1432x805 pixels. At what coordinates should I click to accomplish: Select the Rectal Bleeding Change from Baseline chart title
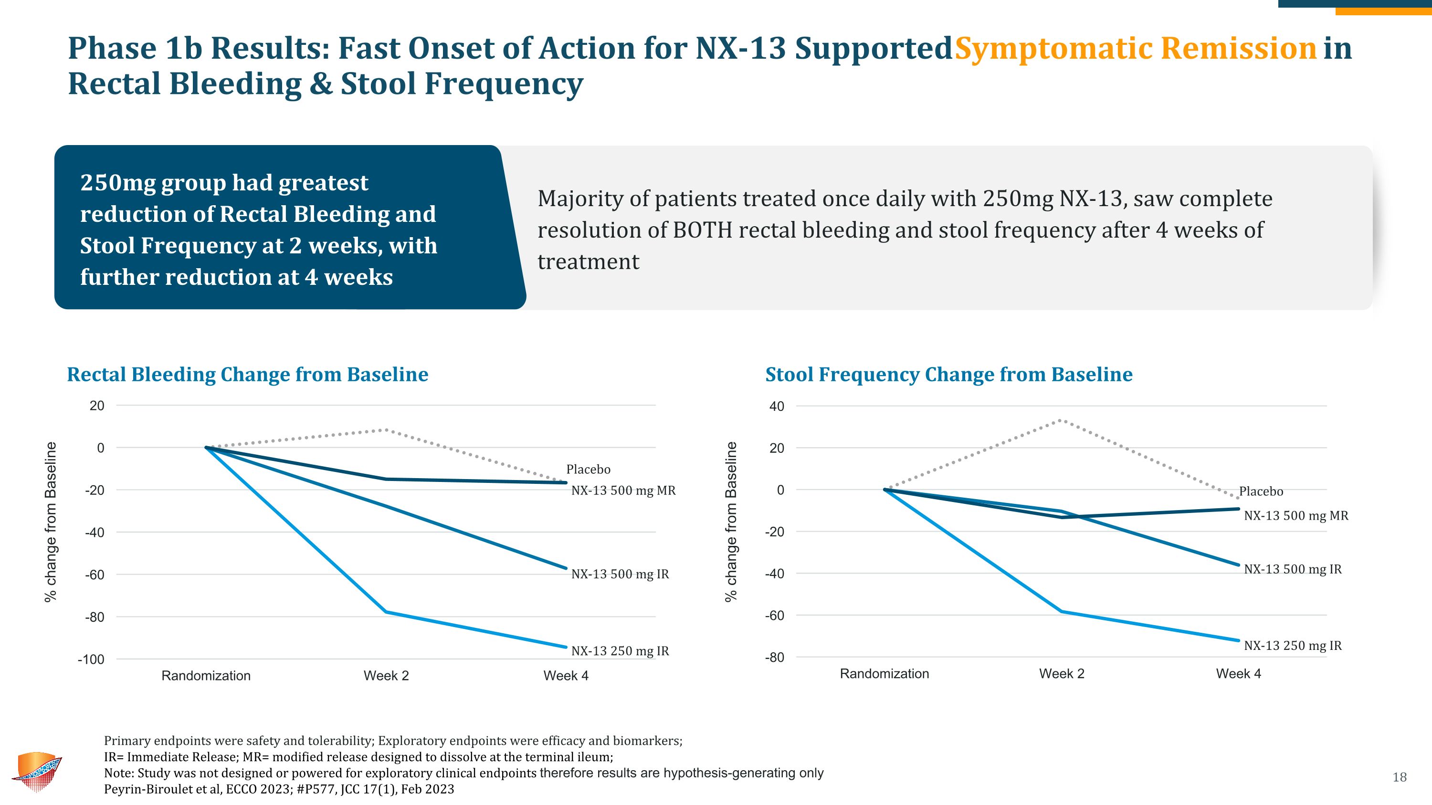pyautogui.click(x=247, y=375)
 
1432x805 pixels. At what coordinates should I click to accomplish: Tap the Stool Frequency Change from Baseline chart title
pyautogui.click(x=948, y=375)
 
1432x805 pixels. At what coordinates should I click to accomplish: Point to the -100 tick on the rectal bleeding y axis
pyautogui.click(x=91, y=659)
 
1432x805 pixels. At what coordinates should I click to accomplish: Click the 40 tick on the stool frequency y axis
pyautogui.click(x=777, y=406)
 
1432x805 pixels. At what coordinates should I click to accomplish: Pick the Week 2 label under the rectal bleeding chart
pyautogui.click(x=386, y=676)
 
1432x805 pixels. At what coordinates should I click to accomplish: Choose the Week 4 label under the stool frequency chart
pyautogui.click(x=1238, y=674)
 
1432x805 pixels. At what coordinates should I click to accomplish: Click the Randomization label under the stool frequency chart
pyautogui.click(x=884, y=674)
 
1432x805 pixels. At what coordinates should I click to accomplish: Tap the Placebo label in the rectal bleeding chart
pyautogui.click(x=588, y=470)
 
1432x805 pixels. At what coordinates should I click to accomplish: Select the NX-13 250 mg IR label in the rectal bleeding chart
pyautogui.click(x=620, y=651)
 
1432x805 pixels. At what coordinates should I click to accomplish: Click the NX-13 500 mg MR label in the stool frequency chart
pyautogui.click(x=1296, y=515)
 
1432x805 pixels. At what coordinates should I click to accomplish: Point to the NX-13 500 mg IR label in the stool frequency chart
pyautogui.click(x=1293, y=569)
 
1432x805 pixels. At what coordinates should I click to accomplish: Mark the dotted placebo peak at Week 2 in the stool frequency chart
pyautogui.click(x=1061, y=420)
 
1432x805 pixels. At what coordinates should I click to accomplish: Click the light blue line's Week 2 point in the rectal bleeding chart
pyautogui.click(x=386, y=612)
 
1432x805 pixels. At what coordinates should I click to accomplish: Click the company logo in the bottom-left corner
pyautogui.click(x=37, y=772)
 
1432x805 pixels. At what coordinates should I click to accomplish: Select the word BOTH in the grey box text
pyautogui.click(x=703, y=230)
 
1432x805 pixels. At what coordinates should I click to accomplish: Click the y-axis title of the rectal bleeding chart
pyautogui.click(x=51, y=522)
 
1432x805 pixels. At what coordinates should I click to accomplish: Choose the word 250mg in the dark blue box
pyautogui.click(x=117, y=183)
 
